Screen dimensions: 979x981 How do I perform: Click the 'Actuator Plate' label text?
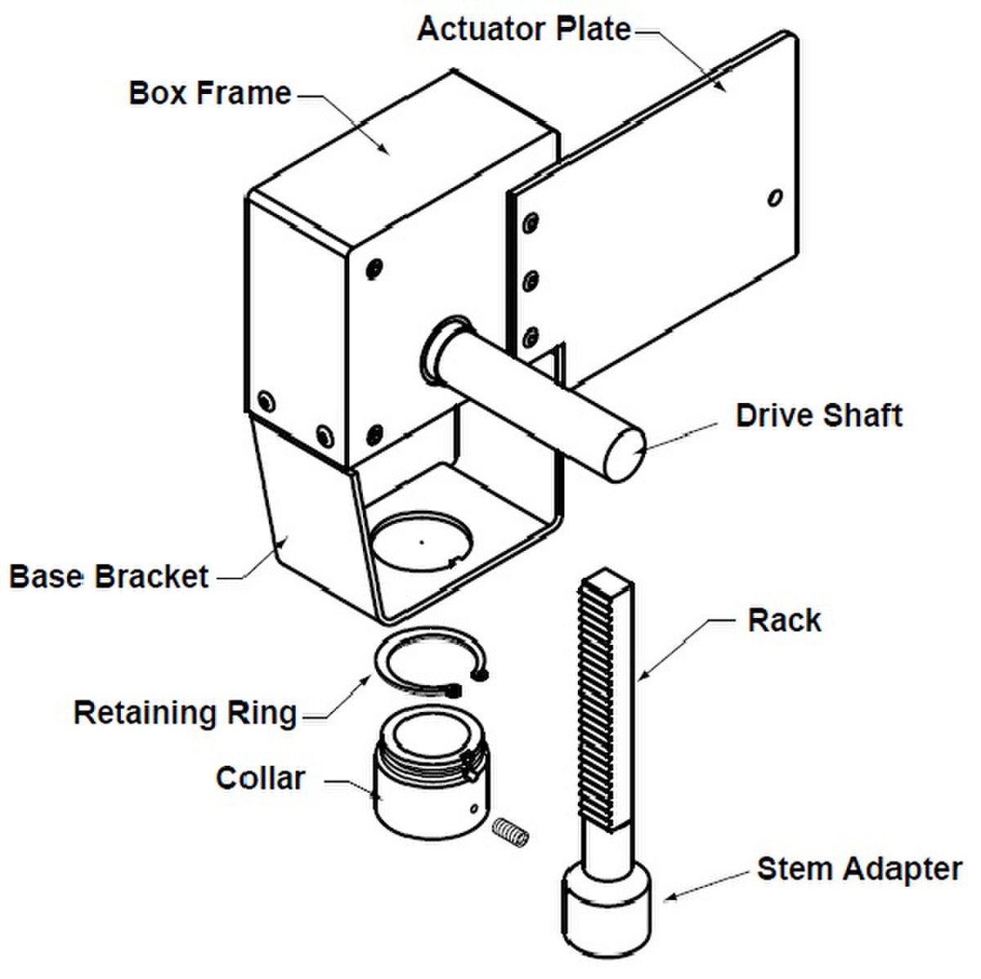[524, 29]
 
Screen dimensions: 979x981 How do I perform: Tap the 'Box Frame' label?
[210, 93]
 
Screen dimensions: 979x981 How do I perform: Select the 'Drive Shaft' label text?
[819, 415]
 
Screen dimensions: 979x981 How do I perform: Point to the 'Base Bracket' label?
[109, 576]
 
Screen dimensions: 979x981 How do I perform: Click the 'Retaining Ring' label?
[186, 713]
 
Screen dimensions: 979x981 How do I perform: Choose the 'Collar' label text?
[260, 778]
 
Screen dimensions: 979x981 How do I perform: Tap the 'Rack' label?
[784, 620]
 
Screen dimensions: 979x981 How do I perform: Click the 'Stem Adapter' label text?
[859, 868]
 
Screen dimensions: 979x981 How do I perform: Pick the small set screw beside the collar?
[512, 833]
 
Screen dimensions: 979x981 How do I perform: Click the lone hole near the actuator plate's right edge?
[774, 198]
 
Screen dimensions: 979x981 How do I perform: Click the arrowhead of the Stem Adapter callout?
[667, 897]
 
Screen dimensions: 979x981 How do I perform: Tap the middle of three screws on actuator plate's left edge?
[532, 281]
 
